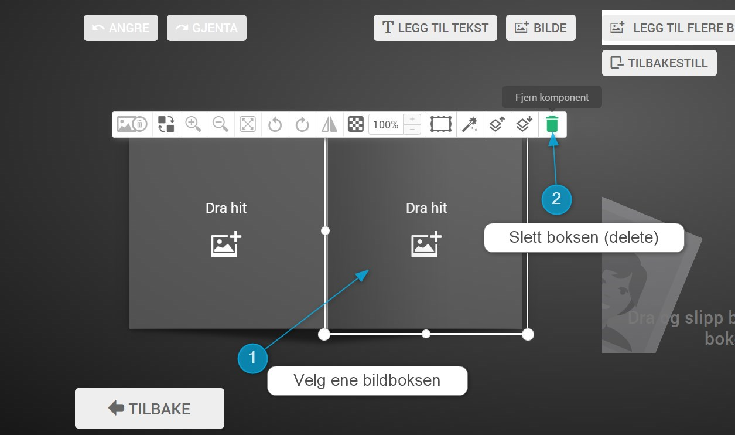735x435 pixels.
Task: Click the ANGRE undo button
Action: point(121,28)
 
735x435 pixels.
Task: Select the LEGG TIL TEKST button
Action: point(435,28)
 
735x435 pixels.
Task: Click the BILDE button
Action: point(541,28)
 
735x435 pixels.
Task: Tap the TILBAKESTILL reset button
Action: point(659,63)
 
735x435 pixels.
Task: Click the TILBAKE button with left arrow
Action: point(149,408)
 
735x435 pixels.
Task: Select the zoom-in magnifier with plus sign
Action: point(193,124)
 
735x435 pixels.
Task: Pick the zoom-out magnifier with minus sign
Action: point(221,124)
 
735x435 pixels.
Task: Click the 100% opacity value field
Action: point(385,125)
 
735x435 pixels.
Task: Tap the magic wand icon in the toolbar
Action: point(470,124)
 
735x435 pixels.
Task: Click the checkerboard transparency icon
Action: point(355,124)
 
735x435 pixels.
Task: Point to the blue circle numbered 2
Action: point(556,199)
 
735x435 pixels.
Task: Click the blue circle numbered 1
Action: point(252,358)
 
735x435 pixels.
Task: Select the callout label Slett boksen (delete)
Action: point(584,237)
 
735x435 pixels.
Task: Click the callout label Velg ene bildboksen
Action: point(367,380)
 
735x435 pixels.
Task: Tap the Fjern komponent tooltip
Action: point(552,97)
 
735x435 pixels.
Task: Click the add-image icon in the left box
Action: point(226,245)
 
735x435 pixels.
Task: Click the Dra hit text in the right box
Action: point(426,208)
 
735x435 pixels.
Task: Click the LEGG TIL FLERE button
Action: point(671,28)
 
